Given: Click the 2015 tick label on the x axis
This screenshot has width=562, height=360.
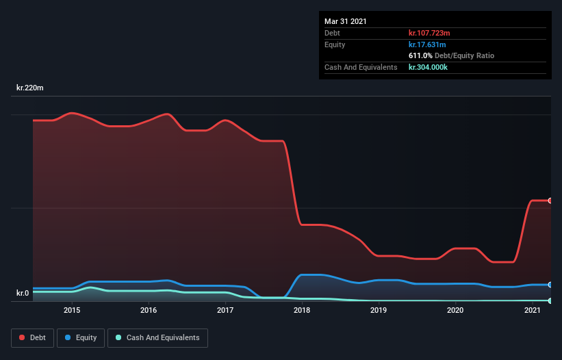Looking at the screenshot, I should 72,310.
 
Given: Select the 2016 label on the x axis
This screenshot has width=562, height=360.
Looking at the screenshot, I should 149,310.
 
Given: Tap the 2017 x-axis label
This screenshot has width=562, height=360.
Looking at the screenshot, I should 225,310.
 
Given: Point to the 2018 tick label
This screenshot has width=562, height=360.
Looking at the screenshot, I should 302,310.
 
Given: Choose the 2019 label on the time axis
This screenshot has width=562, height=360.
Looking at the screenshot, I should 379,310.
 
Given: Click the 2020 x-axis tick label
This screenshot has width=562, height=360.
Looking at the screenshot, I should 455,310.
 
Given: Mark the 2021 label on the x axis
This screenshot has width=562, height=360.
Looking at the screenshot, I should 532,310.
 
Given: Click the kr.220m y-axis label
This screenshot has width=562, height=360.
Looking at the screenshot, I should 31,88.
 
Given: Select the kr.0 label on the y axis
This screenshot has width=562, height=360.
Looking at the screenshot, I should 23,294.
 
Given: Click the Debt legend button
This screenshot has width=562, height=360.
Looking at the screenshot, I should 33,337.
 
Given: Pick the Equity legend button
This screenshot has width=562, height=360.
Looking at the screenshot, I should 81,337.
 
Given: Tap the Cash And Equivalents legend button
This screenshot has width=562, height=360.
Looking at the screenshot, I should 157,337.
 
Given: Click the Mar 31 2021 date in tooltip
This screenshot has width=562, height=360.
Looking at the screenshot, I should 346,21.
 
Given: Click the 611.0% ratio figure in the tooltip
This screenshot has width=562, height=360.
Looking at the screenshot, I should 420,55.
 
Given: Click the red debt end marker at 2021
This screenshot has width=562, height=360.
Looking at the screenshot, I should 550,201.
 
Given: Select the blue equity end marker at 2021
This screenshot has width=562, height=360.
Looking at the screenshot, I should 550,285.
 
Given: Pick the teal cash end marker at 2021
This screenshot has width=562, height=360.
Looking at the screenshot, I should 550,300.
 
